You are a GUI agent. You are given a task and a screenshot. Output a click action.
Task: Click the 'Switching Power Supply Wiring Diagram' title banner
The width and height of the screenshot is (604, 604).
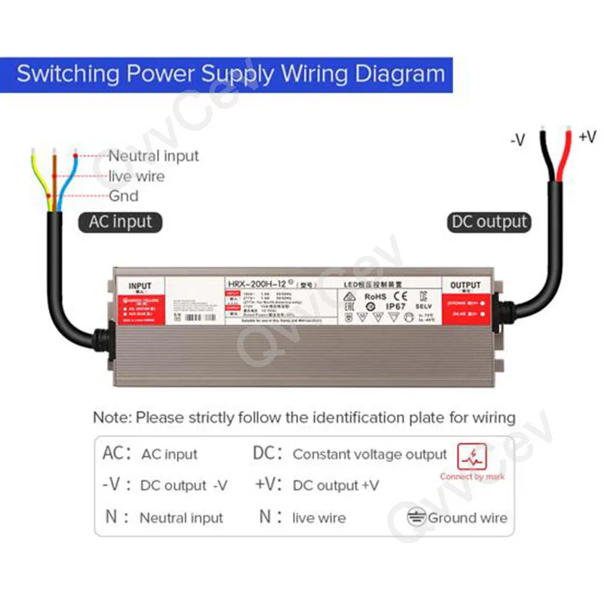[x=231, y=75]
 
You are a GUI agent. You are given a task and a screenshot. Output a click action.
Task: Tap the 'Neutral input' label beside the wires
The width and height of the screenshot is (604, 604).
[x=153, y=156]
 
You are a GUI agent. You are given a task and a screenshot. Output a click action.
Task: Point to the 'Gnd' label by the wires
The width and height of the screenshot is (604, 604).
[x=124, y=196]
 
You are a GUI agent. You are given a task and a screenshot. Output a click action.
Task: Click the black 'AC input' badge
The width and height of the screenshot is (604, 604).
[x=120, y=222]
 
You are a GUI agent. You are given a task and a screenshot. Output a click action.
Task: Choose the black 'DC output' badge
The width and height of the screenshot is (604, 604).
[x=489, y=222]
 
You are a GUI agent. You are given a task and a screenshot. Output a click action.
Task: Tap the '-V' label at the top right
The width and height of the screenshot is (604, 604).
[x=517, y=140]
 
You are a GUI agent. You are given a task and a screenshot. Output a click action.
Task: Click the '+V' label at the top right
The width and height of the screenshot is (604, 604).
[x=587, y=137]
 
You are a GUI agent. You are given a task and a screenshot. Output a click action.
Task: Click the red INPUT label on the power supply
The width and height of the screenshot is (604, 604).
[x=140, y=286]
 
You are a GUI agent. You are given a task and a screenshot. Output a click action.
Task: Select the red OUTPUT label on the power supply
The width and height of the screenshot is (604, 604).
[x=465, y=285]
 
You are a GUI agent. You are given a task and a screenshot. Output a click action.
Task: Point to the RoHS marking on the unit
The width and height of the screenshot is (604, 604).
[x=376, y=297]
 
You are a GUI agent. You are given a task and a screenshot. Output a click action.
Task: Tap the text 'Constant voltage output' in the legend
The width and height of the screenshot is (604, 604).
[x=370, y=455]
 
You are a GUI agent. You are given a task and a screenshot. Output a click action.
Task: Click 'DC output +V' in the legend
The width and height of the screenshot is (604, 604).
[x=336, y=485]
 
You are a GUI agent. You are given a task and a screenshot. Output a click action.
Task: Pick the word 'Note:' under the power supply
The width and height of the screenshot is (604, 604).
[x=112, y=418]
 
